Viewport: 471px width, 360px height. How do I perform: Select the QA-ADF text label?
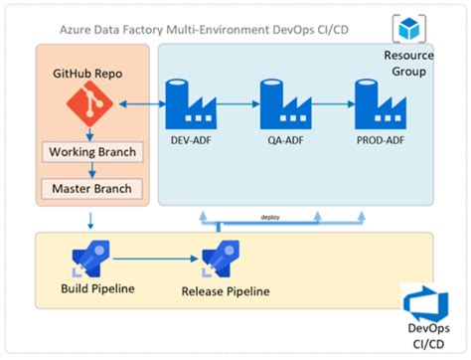(x=285, y=140)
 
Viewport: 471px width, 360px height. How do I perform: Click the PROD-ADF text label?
(x=379, y=140)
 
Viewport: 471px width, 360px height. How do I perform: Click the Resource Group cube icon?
(x=407, y=28)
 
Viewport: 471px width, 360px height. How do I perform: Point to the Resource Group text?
(x=407, y=65)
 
